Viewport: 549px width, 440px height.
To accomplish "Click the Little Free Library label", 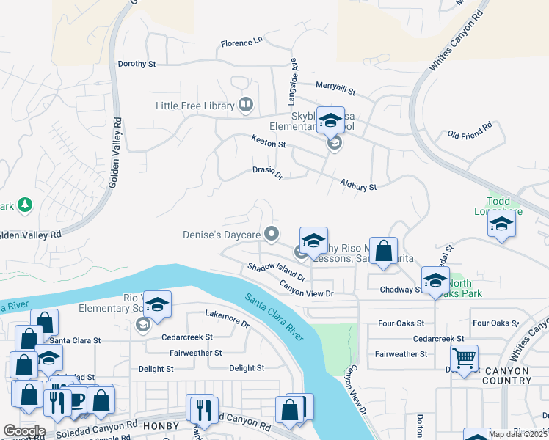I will [194, 106].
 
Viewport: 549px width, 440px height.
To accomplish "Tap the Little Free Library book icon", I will [246, 106].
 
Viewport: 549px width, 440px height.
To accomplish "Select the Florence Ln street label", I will [241, 43].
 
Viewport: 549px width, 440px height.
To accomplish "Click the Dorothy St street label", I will [137, 64].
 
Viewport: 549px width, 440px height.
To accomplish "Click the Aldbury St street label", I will [358, 185].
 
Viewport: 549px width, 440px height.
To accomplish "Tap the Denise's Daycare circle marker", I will [272, 235].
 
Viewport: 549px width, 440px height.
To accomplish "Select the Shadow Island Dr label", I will [276, 273].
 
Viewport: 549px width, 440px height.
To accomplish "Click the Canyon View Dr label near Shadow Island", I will [307, 292].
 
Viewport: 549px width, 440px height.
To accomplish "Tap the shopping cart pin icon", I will [464, 358].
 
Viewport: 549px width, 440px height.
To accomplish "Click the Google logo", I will [24, 430].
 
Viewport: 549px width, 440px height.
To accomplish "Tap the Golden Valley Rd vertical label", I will [114, 161].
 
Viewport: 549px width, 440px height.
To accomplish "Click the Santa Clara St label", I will [75, 341].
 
